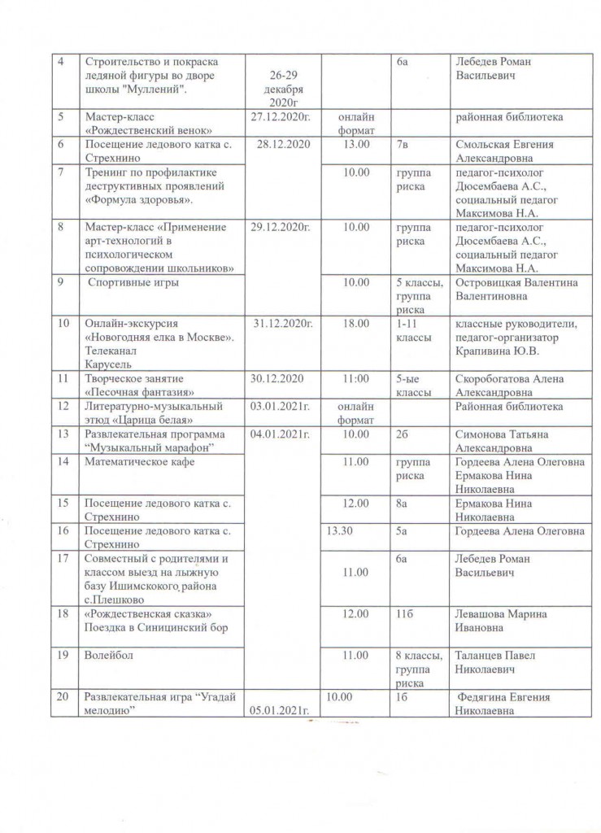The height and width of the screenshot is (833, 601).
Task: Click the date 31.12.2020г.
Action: [282, 324]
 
